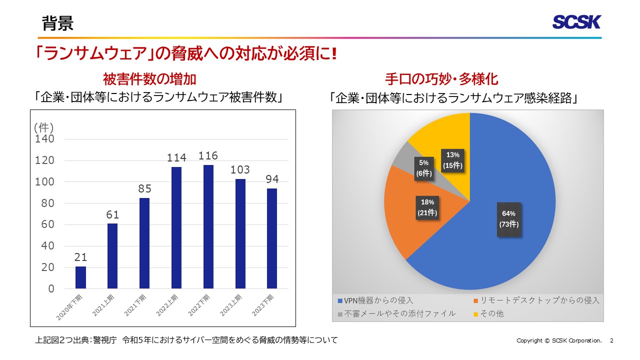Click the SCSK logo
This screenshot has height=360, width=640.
[x=576, y=22]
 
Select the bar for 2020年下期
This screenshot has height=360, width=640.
[x=80, y=277]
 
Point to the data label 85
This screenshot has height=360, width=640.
[x=144, y=189]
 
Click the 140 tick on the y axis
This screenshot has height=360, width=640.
[x=44, y=139]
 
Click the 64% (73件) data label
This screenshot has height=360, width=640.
[x=508, y=219]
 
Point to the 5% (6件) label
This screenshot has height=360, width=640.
[x=424, y=168]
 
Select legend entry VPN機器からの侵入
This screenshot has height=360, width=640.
[x=376, y=300]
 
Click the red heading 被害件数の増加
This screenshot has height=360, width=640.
[x=149, y=79]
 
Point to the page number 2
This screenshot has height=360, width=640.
[x=611, y=340]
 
